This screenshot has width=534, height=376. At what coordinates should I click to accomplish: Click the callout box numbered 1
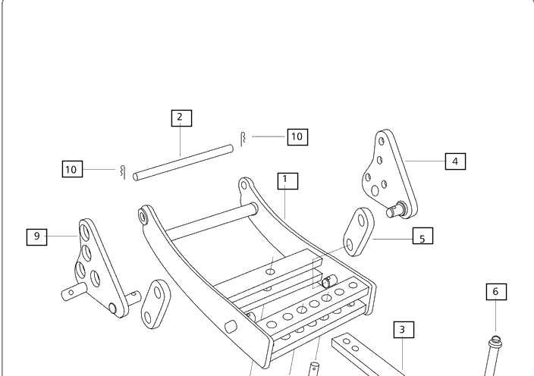[x=287, y=181]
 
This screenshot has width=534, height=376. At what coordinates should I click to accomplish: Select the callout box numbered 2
[x=181, y=118]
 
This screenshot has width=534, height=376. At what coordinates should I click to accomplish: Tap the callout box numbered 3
[x=404, y=330]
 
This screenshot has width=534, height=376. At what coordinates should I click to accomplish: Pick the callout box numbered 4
[x=455, y=161]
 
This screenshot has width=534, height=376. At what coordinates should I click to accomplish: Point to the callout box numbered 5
[x=422, y=236]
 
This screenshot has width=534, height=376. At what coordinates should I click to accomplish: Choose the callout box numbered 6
[x=496, y=292]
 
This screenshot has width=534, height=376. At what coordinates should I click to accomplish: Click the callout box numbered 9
[x=36, y=237]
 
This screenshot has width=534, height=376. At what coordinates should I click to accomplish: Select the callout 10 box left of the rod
[x=72, y=169]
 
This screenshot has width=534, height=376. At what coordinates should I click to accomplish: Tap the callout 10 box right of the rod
[x=297, y=137]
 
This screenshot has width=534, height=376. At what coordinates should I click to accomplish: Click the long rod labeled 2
[x=184, y=163]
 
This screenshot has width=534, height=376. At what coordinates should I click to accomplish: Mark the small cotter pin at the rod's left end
[x=123, y=172]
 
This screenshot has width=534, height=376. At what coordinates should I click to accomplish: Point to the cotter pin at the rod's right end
[x=243, y=139]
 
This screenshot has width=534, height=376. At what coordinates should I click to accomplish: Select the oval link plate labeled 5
[x=358, y=232]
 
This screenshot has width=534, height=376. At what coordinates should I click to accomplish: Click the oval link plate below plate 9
[x=155, y=304]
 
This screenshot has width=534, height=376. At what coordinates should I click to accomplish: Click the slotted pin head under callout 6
[x=495, y=340]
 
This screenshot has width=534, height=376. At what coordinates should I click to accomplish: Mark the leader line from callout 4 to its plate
[x=426, y=161]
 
